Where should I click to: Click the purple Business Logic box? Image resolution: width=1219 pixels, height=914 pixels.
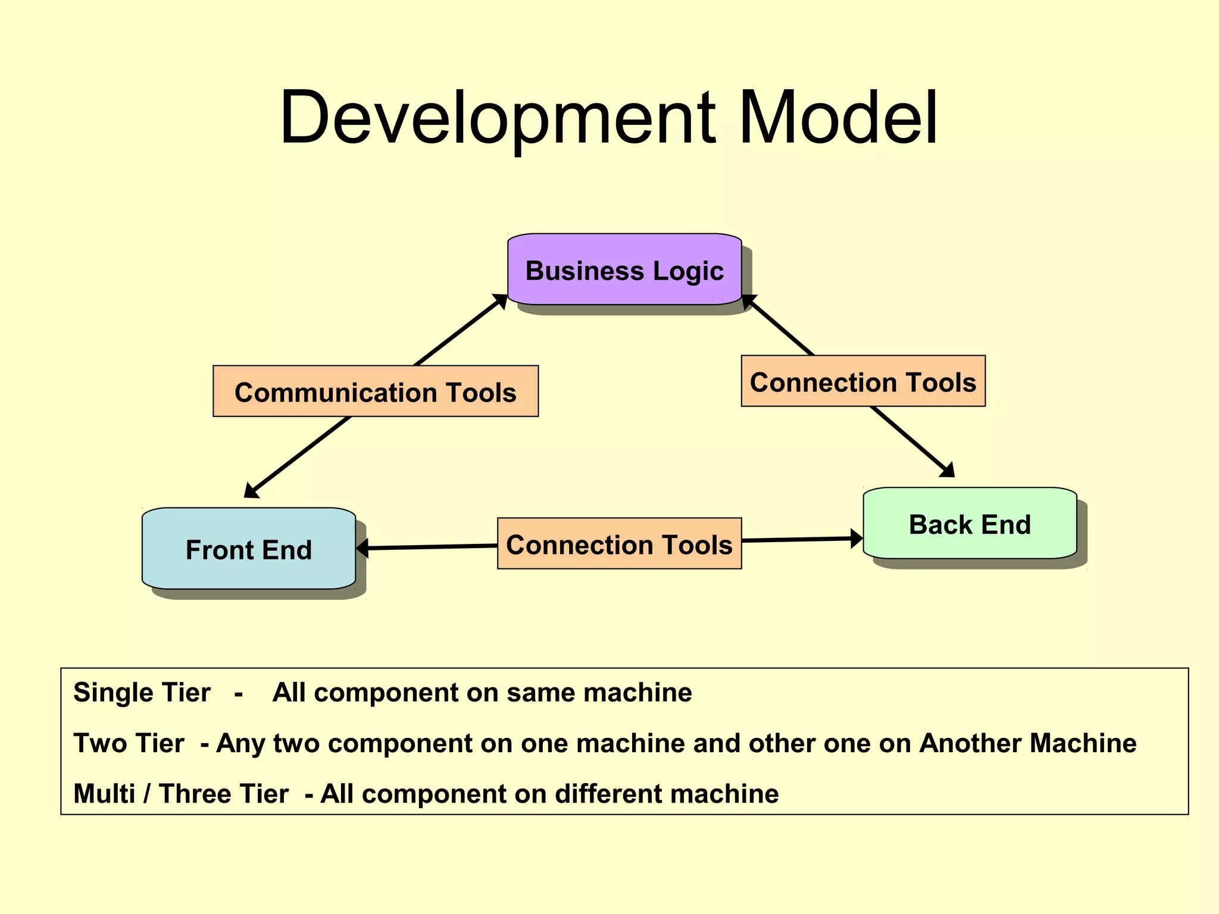tap(624, 270)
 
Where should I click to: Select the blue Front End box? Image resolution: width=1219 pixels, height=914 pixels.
tap(248, 549)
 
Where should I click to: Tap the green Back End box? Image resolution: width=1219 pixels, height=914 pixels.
tap(969, 524)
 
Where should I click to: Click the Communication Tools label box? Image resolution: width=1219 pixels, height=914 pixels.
tap(376, 392)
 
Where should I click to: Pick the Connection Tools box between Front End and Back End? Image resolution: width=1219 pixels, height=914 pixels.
tap(619, 544)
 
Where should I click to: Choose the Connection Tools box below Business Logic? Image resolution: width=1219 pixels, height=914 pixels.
tap(862, 381)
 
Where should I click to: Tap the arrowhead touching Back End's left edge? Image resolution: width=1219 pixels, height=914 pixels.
tap(856, 539)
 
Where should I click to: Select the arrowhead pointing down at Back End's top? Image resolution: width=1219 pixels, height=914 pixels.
tap(948, 470)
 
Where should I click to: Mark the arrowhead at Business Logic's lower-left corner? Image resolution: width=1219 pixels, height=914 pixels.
tap(500, 301)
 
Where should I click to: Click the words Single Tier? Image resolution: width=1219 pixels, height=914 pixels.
tap(142, 693)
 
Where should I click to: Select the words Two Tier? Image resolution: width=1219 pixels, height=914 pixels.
tap(129, 743)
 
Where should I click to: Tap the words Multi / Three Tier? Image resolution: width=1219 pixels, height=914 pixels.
tap(180, 794)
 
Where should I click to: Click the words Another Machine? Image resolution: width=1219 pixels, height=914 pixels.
tap(1027, 743)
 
